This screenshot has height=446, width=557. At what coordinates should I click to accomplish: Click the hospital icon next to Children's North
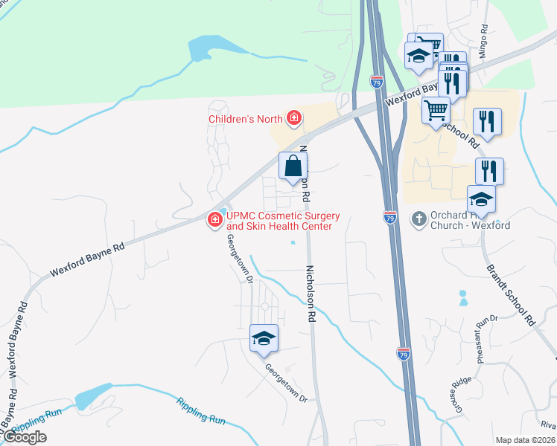pyautogui.click(x=295, y=118)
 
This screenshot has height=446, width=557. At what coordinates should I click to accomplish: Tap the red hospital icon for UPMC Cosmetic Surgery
pyautogui.click(x=214, y=219)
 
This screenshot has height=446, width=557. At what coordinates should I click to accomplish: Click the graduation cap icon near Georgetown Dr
pyautogui.click(x=264, y=339)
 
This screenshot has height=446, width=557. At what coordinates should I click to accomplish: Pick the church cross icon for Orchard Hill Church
pyautogui.click(x=418, y=217)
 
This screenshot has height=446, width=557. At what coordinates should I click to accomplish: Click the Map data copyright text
pyautogui.click(x=526, y=440)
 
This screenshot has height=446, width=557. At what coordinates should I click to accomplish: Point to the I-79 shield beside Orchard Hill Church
pyautogui.click(x=390, y=217)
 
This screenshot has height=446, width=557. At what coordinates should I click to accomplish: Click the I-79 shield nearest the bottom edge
pyautogui.click(x=403, y=355)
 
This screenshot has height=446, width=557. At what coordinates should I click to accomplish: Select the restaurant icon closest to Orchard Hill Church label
pyautogui.click(x=489, y=170)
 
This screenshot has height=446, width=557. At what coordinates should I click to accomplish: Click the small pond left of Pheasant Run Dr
pyautogui.click(x=463, y=298)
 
